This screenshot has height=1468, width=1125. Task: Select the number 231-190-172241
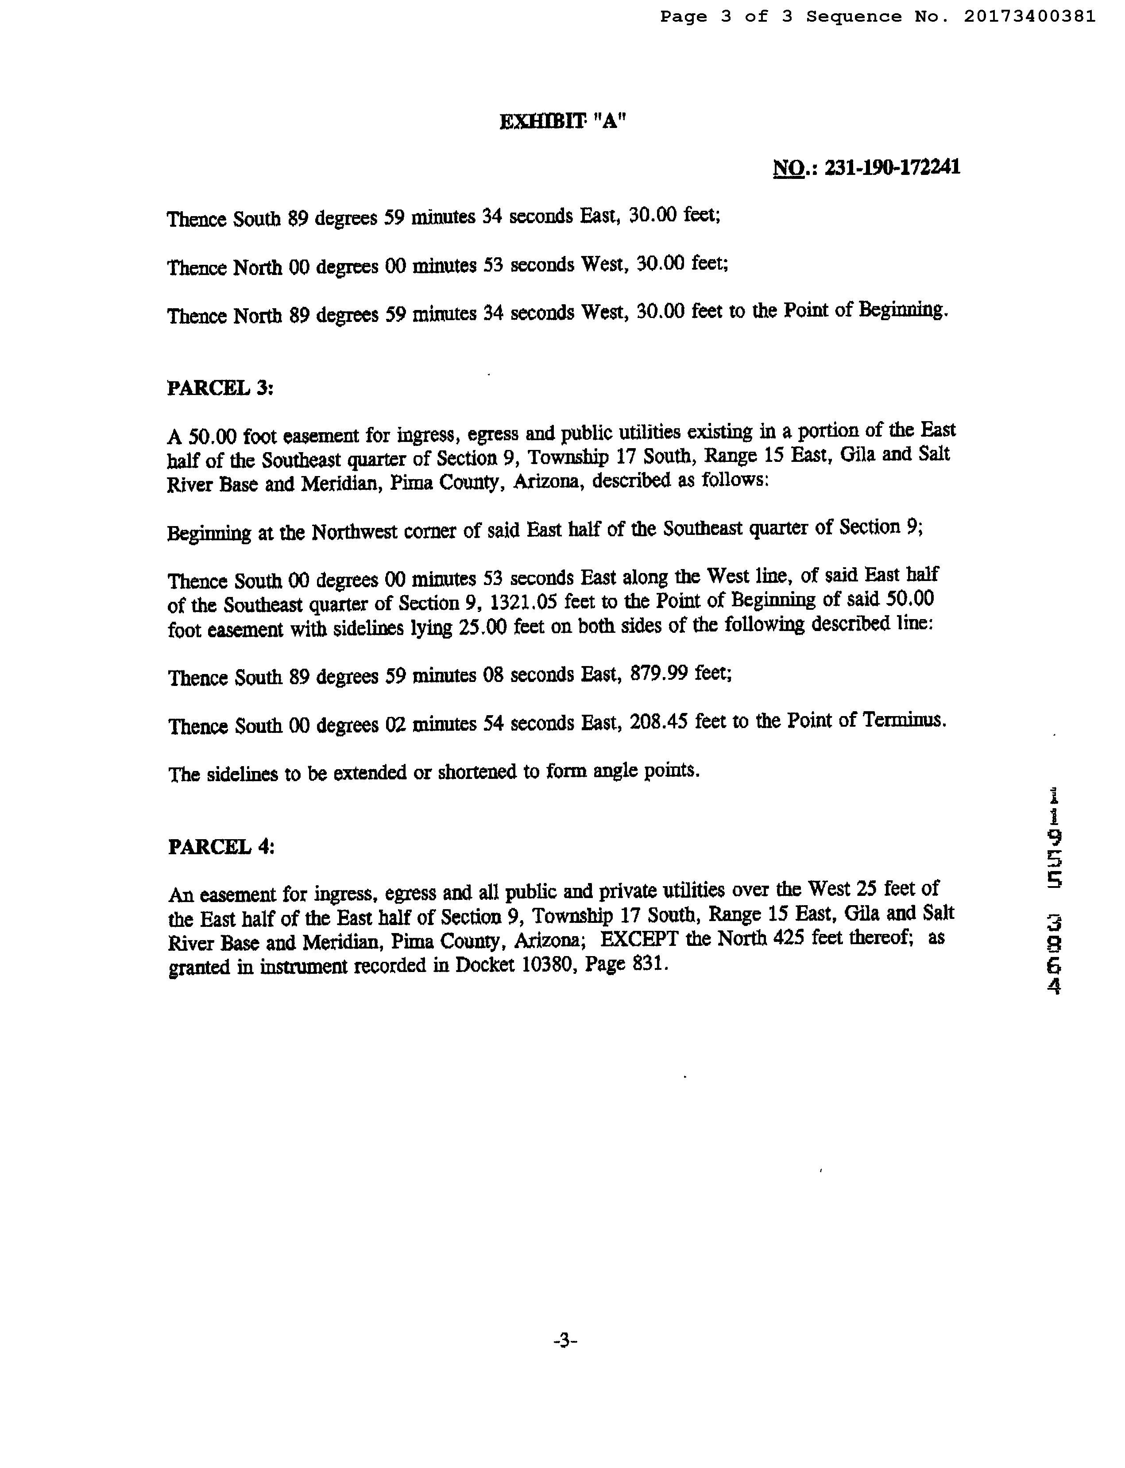(892, 167)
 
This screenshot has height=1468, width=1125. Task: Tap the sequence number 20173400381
(1029, 17)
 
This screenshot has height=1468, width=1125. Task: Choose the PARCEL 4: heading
(221, 847)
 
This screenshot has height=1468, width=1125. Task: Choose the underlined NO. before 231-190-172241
(790, 167)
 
